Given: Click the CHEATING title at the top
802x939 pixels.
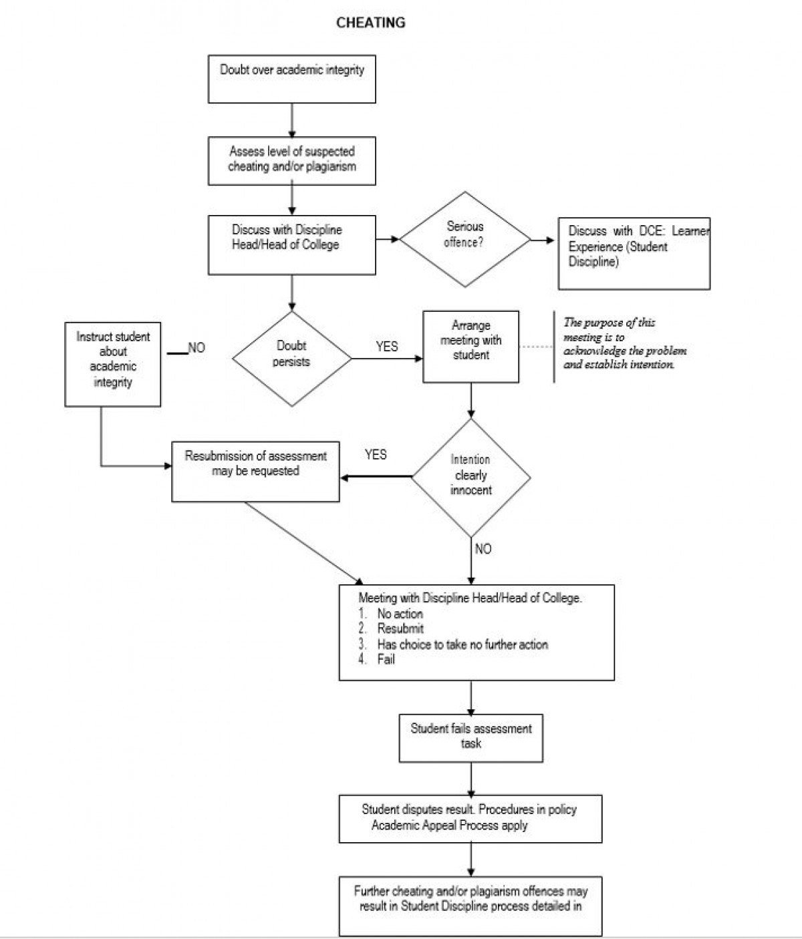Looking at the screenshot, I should (370, 23).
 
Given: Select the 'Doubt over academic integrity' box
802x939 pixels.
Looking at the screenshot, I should (292, 79).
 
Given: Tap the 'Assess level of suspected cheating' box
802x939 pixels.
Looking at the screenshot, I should (292, 160).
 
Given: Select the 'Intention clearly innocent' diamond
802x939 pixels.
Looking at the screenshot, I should (471, 477).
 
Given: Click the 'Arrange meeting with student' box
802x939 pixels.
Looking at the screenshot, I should (471, 346).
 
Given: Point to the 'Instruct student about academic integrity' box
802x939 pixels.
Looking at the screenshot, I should (112, 365).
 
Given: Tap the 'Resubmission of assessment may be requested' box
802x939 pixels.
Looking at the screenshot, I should (255, 471).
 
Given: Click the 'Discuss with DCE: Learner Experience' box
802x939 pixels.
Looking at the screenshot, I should (634, 253).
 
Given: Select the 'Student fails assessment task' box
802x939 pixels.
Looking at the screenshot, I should (471, 738).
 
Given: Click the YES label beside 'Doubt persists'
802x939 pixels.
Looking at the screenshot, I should (386, 347).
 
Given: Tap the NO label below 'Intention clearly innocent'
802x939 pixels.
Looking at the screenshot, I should (483, 549).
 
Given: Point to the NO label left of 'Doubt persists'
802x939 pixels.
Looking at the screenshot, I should (196, 348).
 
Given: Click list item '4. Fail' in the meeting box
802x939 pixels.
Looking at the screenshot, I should (386, 660).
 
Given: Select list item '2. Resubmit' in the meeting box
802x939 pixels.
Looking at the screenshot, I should (400, 628).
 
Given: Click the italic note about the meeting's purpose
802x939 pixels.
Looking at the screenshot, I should (624, 343).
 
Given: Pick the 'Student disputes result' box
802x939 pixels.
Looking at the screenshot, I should (470, 818).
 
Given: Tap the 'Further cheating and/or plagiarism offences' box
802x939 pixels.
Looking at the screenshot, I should (470, 906).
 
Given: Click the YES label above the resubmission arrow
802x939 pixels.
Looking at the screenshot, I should (376, 455).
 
